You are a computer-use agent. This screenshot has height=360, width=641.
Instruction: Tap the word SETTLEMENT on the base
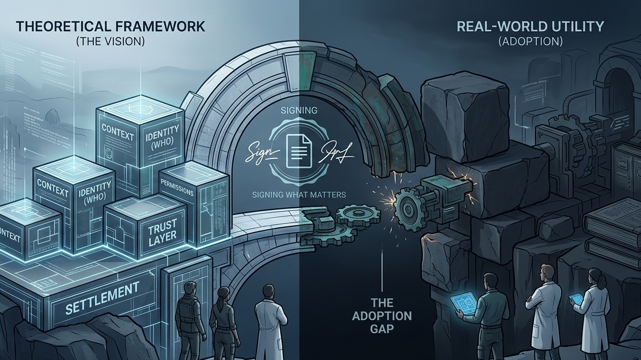103,297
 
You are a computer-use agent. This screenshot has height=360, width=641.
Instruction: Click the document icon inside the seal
299,150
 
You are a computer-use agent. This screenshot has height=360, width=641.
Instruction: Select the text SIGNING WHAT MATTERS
299,195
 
